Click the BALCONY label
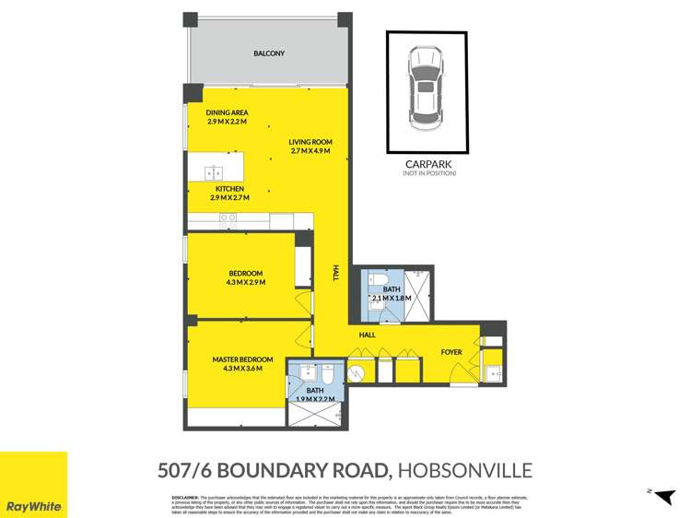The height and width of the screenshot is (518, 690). point(268,53)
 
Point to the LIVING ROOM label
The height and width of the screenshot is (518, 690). point(309,146)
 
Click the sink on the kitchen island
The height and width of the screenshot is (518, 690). point(216,171)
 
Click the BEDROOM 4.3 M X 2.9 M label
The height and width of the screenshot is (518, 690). point(246,277)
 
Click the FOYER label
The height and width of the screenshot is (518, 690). point(451,351)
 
